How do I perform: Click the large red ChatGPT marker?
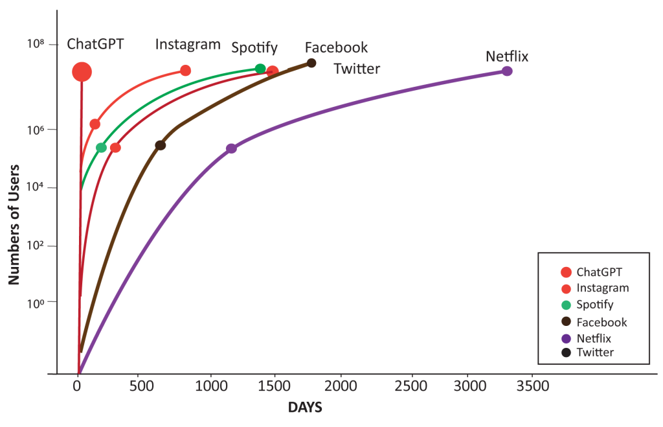(82, 72)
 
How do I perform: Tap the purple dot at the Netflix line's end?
(507, 71)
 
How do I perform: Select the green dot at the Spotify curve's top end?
(260, 69)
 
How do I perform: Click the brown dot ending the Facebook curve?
(311, 63)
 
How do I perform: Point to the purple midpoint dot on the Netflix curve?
(231, 148)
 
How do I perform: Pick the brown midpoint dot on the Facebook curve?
(160, 145)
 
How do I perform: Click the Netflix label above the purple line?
(507, 56)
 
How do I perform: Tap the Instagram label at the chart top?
(188, 45)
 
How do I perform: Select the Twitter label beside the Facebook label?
(357, 69)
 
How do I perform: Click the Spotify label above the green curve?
(254, 47)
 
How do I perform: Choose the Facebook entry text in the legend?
(602, 322)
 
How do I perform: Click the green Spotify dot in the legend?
(566, 305)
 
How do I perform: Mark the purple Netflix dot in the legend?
(566, 339)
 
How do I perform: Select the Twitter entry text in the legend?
(595, 352)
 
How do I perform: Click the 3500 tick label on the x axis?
(533, 386)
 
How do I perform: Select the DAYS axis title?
(305, 408)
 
